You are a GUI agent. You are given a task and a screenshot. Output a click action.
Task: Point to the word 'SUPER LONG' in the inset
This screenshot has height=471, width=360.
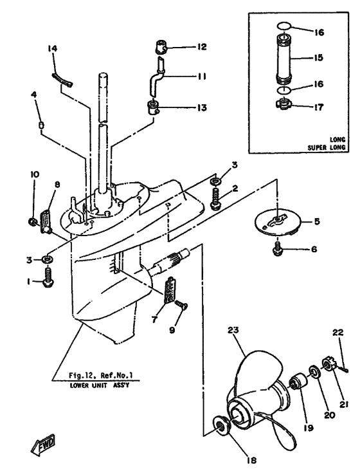(x=328, y=147)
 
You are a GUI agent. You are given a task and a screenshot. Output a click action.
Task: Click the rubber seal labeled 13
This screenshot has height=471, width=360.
(x=154, y=107)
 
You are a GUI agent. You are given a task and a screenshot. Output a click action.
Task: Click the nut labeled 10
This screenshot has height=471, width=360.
(x=32, y=223)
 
